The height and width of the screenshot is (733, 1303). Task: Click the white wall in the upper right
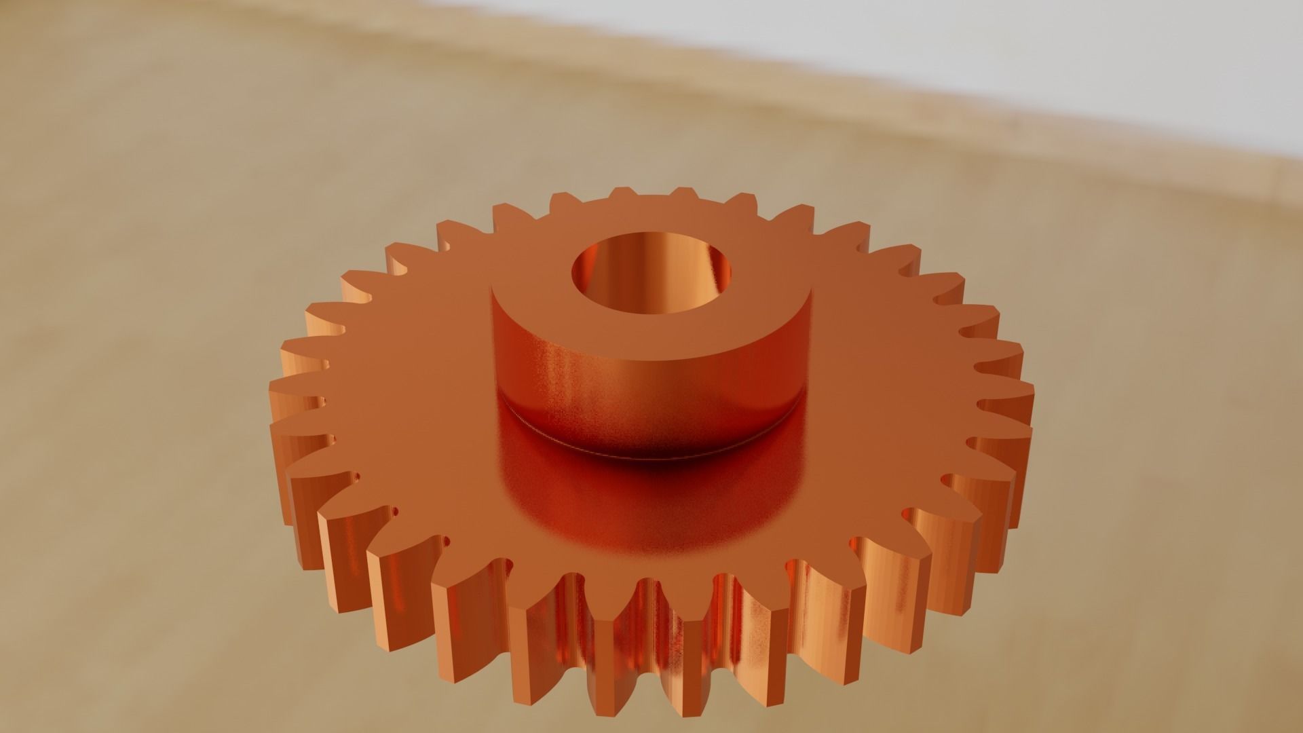tap(1018, 54)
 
